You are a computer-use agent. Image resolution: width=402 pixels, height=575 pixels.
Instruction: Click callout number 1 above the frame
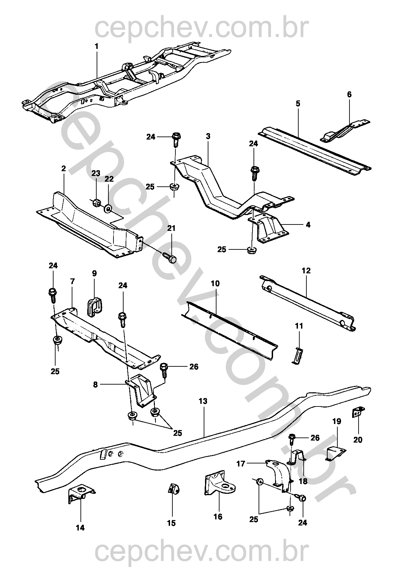[x=97, y=46]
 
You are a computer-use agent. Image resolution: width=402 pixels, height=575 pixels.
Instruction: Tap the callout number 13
[x=203, y=401]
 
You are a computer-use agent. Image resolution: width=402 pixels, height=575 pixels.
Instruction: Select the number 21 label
[x=172, y=229]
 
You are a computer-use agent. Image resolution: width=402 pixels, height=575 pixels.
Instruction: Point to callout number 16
[x=218, y=516]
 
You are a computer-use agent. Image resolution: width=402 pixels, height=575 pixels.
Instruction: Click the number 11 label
[x=299, y=326]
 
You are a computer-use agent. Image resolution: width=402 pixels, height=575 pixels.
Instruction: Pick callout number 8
[x=95, y=384]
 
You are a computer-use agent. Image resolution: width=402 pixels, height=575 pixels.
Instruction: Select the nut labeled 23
[x=96, y=203]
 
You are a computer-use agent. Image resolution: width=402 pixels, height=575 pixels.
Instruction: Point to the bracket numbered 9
[x=94, y=307]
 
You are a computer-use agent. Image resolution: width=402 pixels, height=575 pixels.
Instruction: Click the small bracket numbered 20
[x=358, y=412]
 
